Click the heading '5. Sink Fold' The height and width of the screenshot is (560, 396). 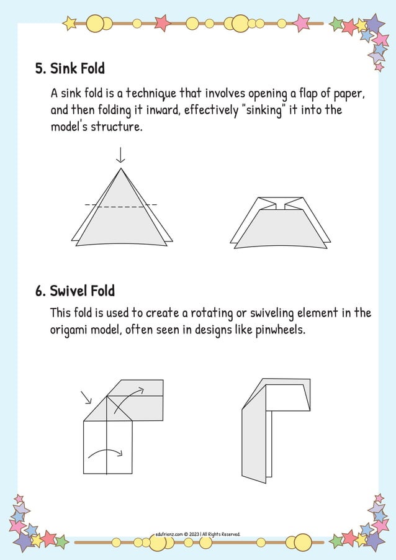70,68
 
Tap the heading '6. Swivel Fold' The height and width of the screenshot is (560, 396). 74,291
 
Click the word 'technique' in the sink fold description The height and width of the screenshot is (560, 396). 151,94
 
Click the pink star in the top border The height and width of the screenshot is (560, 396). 162,23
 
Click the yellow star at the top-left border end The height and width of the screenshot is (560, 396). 70,24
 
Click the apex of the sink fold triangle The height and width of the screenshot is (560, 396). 121,168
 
